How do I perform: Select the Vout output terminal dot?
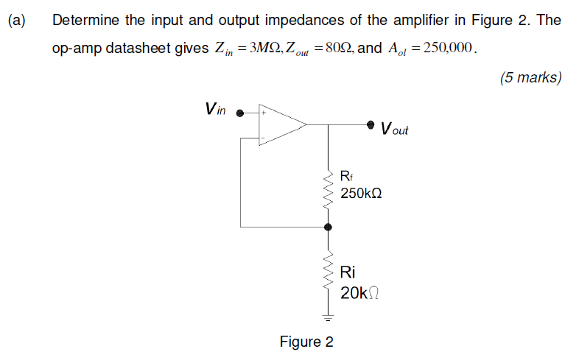(x=371, y=124)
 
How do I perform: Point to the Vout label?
(x=394, y=130)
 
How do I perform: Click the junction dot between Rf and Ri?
(x=328, y=227)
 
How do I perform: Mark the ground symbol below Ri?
(x=328, y=318)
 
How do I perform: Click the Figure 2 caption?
(x=306, y=342)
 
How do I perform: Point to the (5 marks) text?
(x=530, y=77)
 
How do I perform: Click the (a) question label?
(x=16, y=21)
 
